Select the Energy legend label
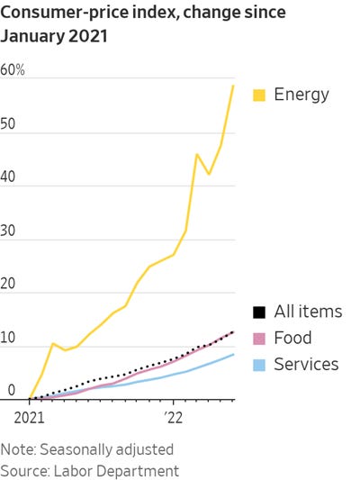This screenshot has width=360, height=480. [301, 95]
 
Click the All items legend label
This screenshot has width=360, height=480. [308, 312]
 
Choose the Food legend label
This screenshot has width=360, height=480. [292, 339]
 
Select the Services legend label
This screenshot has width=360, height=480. [306, 365]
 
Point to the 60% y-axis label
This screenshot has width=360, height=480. [13, 70]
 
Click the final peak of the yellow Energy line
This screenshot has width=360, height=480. [234, 86]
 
